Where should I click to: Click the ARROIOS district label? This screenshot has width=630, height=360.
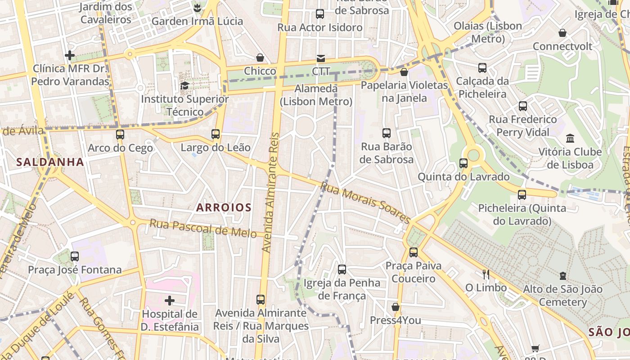pos(224,207)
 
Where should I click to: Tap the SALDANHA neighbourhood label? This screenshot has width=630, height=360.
pos(50,162)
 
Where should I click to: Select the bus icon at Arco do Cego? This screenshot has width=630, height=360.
pos(120,134)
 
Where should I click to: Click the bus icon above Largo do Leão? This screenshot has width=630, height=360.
pos(216,134)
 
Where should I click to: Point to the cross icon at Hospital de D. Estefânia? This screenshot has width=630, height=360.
pos(170,300)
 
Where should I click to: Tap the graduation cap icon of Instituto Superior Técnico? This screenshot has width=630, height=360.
pos(184,85)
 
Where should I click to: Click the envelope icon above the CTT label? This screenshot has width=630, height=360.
pos(320,58)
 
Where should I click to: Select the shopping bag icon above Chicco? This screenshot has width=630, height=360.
pos(260,58)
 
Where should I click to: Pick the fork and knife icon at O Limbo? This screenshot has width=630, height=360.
pos(486,274)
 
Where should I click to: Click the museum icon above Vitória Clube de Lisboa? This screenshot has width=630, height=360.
pos(570,138)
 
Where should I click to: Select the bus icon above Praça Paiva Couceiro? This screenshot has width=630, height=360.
pos(413,252)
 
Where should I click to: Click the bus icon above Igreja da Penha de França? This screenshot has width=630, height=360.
pos(342,270)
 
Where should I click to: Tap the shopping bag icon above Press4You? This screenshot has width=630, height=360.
pos(395,307)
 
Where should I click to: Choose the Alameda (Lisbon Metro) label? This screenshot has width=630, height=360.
pos(316,95)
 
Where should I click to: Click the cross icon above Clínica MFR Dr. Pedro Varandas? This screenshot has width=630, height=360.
pos(70,55)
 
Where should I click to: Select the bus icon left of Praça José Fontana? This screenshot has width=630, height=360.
pos(75,256)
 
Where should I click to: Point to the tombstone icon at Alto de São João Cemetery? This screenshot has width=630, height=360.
pos(562,275)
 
